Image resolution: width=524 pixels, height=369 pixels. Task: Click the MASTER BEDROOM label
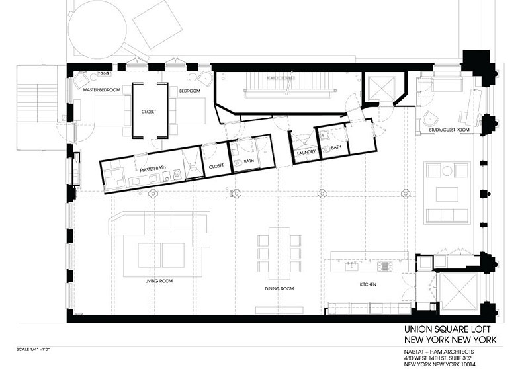tap(101, 90)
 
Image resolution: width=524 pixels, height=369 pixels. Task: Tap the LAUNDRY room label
tap(306, 152)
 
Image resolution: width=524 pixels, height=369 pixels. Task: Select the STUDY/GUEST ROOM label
tap(449, 130)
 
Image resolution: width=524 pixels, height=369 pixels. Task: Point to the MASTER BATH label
tap(153, 169)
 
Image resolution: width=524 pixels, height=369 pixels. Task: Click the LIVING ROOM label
tap(159, 281)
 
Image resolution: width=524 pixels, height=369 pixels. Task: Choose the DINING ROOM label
tap(279, 288)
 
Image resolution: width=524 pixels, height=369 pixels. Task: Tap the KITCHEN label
tap(368, 284)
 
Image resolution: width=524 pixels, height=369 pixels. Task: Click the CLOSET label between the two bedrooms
tap(149, 112)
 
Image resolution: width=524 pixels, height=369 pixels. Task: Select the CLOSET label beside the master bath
tap(216, 166)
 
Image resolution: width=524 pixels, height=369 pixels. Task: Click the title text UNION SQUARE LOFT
tap(450, 329)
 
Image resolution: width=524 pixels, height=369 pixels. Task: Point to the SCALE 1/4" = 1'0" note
tap(33, 350)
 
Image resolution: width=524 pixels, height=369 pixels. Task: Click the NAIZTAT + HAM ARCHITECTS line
tap(439, 352)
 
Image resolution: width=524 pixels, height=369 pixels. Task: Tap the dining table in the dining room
tap(279, 254)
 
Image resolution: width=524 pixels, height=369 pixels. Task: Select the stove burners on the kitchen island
tap(385, 266)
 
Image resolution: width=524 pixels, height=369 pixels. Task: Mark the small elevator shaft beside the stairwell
tap(380, 89)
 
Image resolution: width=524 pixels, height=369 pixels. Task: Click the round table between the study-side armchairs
tap(447, 171)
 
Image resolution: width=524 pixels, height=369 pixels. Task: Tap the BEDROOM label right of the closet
tap(189, 91)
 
